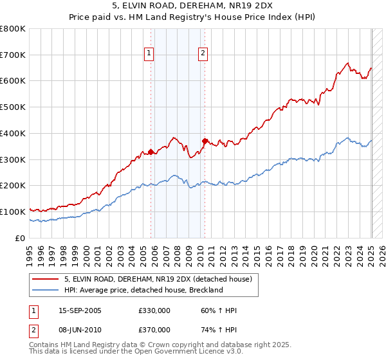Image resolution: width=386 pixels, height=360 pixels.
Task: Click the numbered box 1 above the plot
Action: [149, 54]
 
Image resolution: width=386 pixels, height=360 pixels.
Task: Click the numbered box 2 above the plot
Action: [203, 54]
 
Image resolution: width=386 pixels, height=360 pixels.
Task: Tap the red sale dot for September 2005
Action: [151, 152]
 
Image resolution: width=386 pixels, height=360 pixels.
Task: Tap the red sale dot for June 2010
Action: [205, 141]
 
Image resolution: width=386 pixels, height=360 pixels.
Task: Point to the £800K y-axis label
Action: [13, 29]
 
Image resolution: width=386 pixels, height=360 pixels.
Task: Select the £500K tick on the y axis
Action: [13, 107]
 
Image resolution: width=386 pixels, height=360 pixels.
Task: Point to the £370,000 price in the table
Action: [154, 330]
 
